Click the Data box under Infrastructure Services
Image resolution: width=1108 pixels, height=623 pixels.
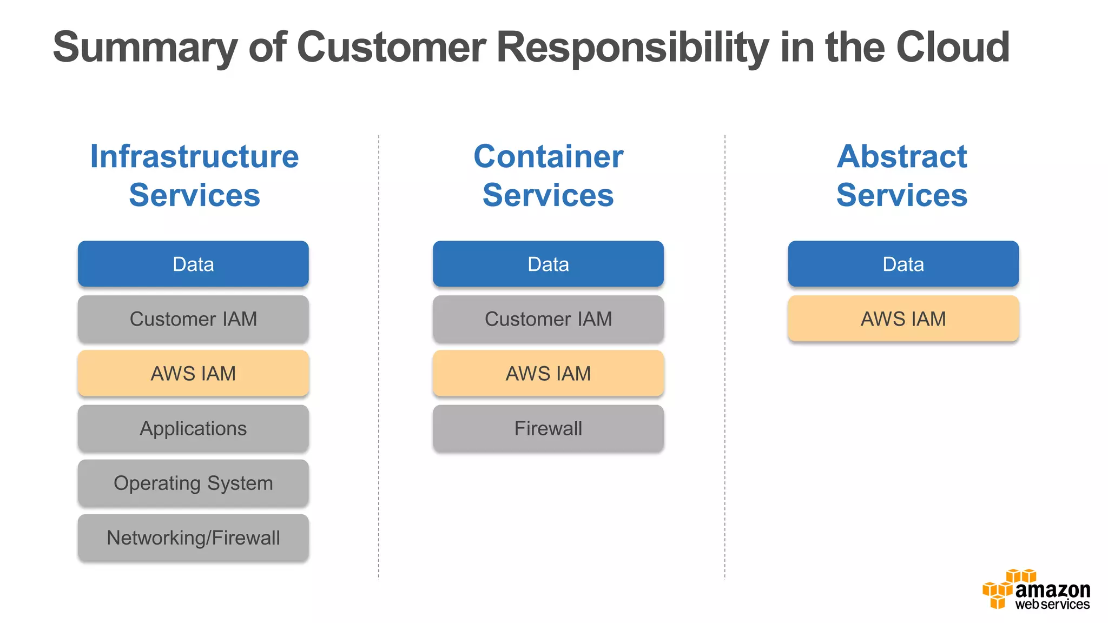(x=193, y=264)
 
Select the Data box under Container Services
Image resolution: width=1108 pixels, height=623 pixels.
(x=548, y=264)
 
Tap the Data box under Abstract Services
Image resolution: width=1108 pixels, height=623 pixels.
(x=903, y=264)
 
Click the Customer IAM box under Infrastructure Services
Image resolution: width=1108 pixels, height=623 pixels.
(x=193, y=319)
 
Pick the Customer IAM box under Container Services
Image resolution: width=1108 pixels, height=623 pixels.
(x=548, y=319)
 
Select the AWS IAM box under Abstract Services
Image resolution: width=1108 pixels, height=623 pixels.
(x=903, y=319)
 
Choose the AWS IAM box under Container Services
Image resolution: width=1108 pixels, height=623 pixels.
(x=548, y=374)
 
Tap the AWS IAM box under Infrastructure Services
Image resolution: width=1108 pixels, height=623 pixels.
(x=193, y=374)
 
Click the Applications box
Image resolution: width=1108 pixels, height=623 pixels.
(x=193, y=428)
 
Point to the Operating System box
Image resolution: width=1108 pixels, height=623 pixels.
(x=193, y=483)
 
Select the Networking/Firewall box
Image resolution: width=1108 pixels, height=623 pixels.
(x=193, y=538)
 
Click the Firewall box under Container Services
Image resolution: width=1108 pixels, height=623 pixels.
(x=548, y=428)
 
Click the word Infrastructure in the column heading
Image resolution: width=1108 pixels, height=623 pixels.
(x=194, y=157)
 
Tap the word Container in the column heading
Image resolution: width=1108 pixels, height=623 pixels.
(x=548, y=157)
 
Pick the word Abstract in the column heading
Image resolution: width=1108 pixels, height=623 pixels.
(x=902, y=157)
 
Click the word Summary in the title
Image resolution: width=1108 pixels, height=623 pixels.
(x=144, y=48)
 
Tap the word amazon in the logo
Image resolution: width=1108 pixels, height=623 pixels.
(x=1052, y=589)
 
